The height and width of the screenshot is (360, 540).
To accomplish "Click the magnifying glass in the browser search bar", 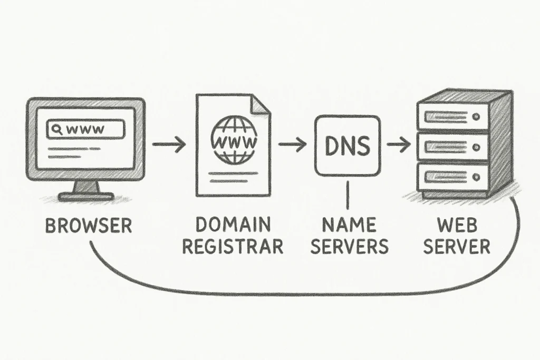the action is [x=57, y=129].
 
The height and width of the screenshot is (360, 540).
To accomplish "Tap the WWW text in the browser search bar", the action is [x=85, y=130].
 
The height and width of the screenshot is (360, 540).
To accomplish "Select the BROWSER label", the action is [x=89, y=226].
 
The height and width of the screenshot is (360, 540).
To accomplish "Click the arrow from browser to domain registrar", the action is [x=169, y=144].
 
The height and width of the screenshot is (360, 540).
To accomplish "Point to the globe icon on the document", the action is [x=234, y=139].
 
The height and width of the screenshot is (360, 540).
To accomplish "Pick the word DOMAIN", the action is [x=233, y=225].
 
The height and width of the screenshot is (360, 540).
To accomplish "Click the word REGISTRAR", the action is [x=233, y=246].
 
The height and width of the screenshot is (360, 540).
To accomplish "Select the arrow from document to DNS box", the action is [x=292, y=144].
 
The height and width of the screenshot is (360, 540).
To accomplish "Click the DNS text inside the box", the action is [x=348, y=145].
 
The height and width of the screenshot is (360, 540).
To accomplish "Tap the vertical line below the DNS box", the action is [x=348, y=195].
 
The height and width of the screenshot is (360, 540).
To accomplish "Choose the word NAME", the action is [x=349, y=225].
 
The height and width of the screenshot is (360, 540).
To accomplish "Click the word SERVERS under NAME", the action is [x=349, y=246].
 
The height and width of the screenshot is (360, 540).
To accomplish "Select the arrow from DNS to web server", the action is [x=399, y=144].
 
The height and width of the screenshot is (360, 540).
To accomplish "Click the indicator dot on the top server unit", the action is [x=476, y=117].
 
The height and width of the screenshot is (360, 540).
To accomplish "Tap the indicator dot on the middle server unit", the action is [x=476, y=147].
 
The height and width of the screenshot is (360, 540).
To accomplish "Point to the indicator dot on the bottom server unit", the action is [x=476, y=177].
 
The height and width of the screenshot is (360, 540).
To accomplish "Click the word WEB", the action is [x=457, y=225].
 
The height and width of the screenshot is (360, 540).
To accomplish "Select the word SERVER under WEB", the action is [x=457, y=246].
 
